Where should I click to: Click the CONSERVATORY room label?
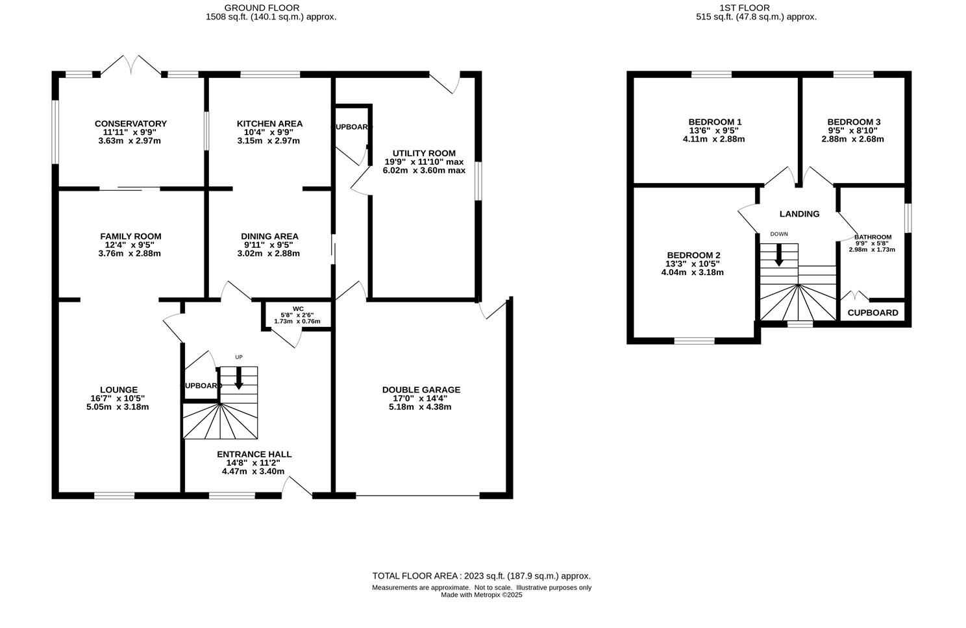point(130,124)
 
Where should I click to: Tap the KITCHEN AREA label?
point(269,124)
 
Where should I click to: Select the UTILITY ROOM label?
point(424,154)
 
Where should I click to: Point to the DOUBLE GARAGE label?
point(421,390)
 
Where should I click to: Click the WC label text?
point(298,309)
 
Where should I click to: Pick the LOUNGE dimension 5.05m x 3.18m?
point(119,407)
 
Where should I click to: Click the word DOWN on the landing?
point(779,234)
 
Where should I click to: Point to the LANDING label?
point(799,214)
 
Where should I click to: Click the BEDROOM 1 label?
point(715,122)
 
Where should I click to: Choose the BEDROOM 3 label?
point(854,122)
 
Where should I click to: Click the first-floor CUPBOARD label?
point(873,313)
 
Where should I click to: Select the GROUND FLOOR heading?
point(271,8)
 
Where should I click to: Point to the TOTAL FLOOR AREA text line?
point(481,576)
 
